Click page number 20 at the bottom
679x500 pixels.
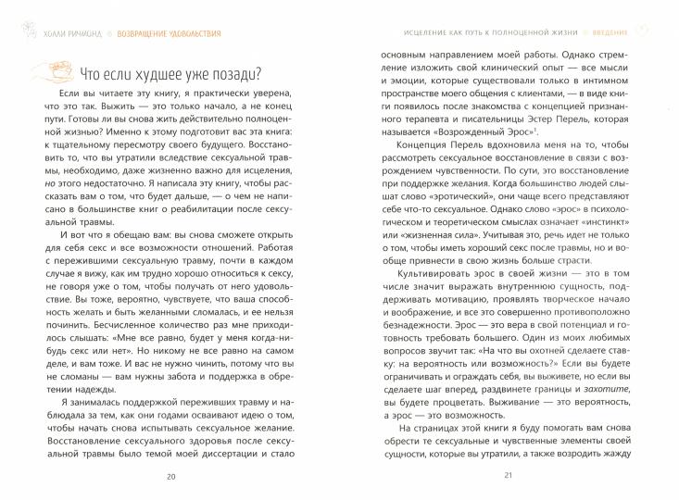[x=170, y=477]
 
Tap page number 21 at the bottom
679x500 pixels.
[x=509, y=477]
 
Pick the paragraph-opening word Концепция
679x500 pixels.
[x=427, y=150]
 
